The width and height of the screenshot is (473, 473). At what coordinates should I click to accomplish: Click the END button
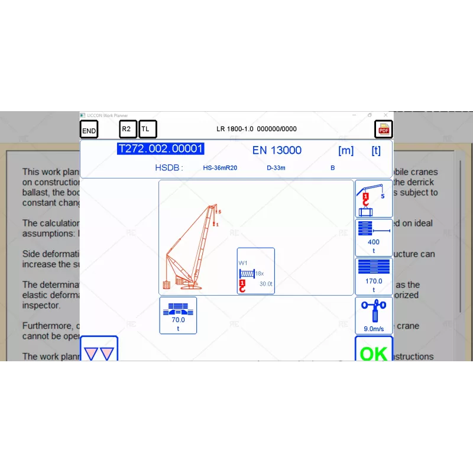tap(89, 130)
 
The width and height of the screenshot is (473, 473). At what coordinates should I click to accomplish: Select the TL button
tap(147, 129)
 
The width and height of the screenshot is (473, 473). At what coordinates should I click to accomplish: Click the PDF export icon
tap(384, 129)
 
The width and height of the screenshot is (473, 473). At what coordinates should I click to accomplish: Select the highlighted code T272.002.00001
tap(161, 149)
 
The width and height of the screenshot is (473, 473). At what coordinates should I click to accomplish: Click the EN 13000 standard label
tap(277, 150)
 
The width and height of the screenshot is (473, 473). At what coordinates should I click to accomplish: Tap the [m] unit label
tap(346, 150)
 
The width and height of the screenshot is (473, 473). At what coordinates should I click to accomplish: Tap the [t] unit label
tap(376, 150)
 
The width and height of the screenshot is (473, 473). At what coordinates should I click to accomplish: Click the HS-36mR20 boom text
tap(221, 168)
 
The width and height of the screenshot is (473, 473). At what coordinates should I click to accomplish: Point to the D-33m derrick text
tap(276, 168)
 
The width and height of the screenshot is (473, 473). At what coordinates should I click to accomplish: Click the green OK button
tap(374, 352)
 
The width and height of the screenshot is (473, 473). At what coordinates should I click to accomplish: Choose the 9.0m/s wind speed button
tap(374, 316)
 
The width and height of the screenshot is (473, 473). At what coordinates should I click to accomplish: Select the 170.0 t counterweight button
tap(374, 276)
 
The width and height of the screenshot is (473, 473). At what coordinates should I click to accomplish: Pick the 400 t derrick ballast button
tap(374, 237)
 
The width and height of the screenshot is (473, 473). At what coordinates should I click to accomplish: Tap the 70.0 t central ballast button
tap(178, 315)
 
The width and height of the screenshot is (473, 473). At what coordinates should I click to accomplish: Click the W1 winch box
tap(256, 271)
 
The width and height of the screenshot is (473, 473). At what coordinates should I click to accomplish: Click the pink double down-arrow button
tap(99, 352)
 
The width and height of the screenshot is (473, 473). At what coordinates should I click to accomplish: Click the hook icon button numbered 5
tap(374, 199)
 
